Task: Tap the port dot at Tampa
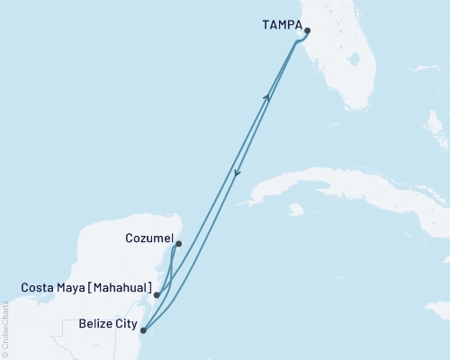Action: pos(307,31)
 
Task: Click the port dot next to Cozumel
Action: pos(178,244)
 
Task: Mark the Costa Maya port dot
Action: pos(157,294)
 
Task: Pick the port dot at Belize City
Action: pos(143,330)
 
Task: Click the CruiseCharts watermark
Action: pos(6,328)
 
